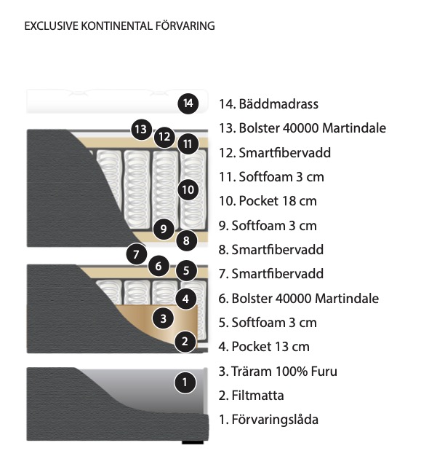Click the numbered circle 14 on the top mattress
pyautogui.click(x=188, y=103)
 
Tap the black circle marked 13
pyautogui.click(x=141, y=130)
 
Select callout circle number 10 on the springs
pyautogui.click(x=188, y=189)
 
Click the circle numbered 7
pyautogui.click(x=137, y=254)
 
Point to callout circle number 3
pyautogui.click(x=164, y=318)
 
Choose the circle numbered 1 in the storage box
pyautogui.click(x=185, y=382)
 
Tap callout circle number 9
pyautogui.click(x=164, y=229)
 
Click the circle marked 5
pyautogui.click(x=186, y=270)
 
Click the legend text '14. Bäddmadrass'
pyautogui.click(x=268, y=104)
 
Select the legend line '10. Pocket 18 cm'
pyautogui.click(x=268, y=201)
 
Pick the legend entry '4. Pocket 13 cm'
pyautogui.click(x=264, y=347)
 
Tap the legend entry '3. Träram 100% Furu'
pyautogui.click(x=278, y=371)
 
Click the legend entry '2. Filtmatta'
pyautogui.click(x=252, y=396)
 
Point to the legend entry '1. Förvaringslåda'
pyautogui.click(x=268, y=420)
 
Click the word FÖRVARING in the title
pyautogui.click(x=185, y=25)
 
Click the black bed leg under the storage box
pyautogui.click(x=193, y=442)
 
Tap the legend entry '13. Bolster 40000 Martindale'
pyautogui.click(x=302, y=128)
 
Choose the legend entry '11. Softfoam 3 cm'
pyautogui.click(x=271, y=176)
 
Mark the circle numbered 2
pyautogui.click(x=185, y=342)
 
